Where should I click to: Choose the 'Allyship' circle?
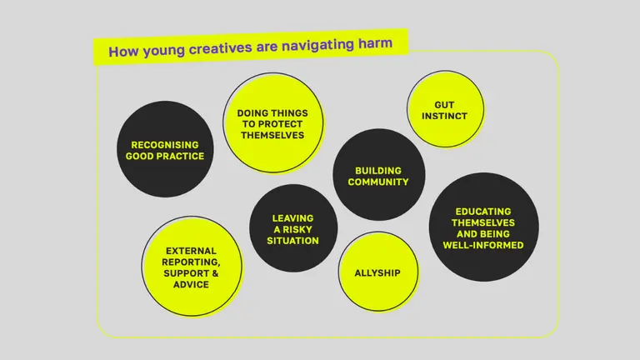tap(377, 272)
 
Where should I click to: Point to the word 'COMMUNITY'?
tap(378, 182)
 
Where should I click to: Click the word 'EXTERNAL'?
tap(191, 250)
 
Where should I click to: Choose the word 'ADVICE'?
tap(192, 284)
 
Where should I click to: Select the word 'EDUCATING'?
tap(483, 212)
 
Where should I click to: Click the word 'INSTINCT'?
tap(444, 117)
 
